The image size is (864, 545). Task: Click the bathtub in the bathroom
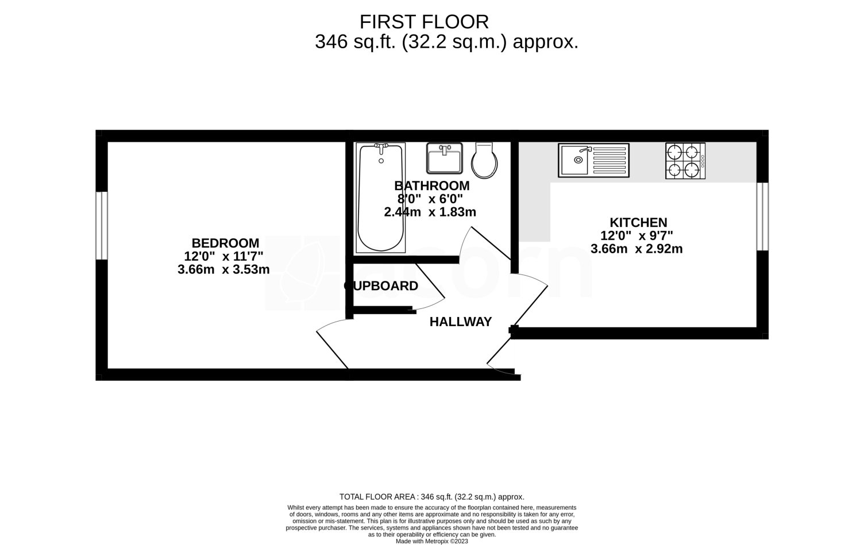[x=380, y=198]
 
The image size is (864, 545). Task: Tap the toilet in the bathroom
[x=484, y=160]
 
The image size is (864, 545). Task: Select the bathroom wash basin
[x=444, y=159]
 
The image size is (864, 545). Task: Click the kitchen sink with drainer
[x=593, y=160]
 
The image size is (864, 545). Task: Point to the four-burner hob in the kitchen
[x=685, y=161]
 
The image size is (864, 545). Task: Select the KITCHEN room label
[x=638, y=222]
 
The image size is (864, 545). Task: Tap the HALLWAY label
[x=461, y=322]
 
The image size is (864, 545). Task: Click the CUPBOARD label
[x=381, y=286]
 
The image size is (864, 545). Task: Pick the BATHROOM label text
[x=431, y=186]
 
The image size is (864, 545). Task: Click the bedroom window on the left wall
[x=102, y=225]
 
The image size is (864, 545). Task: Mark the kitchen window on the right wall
[x=762, y=217]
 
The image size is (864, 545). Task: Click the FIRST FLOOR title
[x=424, y=22]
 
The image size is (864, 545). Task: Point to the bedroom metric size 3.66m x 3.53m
[x=223, y=269]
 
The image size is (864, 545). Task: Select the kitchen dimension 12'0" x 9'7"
[x=637, y=235]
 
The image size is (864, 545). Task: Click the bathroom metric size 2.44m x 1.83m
[x=430, y=212]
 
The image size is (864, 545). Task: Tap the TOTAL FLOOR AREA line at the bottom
[x=431, y=497]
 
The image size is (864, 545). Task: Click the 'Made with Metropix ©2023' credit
[x=432, y=541]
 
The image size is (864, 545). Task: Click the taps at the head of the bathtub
[x=381, y=148]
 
